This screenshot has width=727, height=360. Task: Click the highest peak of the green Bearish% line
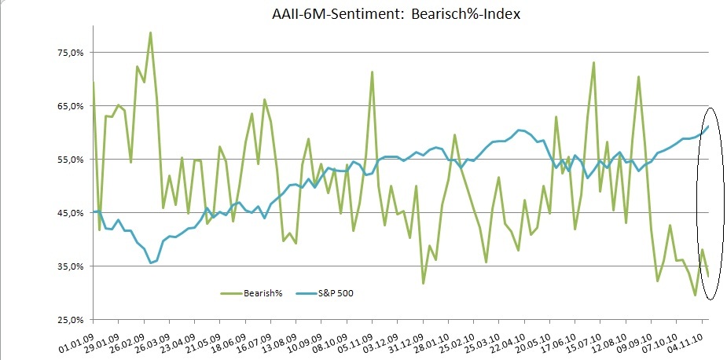point(150,33)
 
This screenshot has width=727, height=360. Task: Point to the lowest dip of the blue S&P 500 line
point(150,263)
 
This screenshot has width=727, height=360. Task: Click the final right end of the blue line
point(708,127)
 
